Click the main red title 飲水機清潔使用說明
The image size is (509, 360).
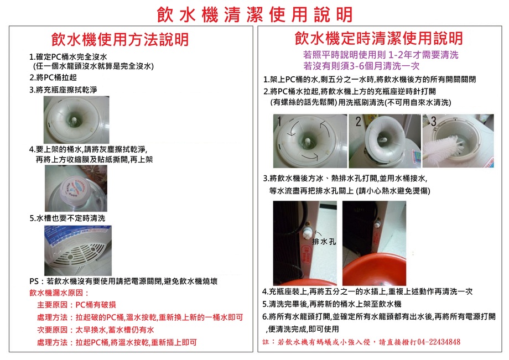pos(254,14)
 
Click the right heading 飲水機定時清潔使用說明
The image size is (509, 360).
pos(379,38)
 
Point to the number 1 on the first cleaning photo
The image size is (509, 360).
pos(281,121)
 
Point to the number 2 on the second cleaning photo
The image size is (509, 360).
pos(359,121)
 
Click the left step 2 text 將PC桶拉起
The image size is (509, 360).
pos(53,77)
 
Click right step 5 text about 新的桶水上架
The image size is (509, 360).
pos(331,304)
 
